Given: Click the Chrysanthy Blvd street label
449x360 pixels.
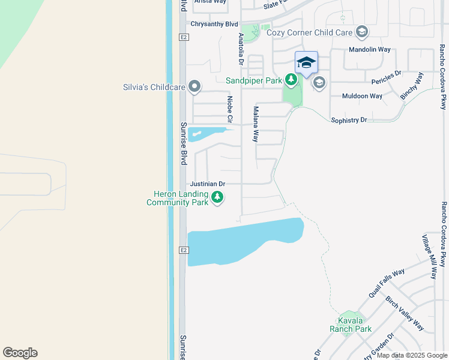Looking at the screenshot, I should pos(214,24).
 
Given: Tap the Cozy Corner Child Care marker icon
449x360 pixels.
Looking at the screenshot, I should pos(361,31).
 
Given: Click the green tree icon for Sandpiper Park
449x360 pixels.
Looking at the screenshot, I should pos(291,80).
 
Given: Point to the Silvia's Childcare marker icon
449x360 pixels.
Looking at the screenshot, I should pos(194,88).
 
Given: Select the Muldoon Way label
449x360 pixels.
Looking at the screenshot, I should pos(362,96).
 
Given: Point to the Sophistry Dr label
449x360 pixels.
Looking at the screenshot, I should pos(349,120).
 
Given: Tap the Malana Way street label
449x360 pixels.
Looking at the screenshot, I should pos(256,124).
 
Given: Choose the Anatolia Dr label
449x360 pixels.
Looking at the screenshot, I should pos(241,49).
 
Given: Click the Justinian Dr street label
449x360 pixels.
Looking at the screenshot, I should pos(208,184).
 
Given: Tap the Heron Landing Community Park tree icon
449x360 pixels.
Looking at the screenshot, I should pos(217,197).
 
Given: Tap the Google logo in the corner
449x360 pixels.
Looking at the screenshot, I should pos(20,353).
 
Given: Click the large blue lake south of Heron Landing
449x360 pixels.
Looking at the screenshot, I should pos(240,240).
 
